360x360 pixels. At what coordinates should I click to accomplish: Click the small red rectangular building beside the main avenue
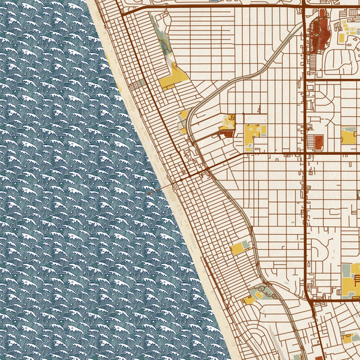click(318, 142)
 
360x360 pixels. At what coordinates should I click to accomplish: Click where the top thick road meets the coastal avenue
click(122, 13)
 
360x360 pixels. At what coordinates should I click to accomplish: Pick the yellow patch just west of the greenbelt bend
click(183, 114)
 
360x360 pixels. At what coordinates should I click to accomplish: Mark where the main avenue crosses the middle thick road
click(305, 152)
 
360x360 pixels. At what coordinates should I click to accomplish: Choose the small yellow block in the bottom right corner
click(347, 339)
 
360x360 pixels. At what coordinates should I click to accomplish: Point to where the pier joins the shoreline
click(174, 184)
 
